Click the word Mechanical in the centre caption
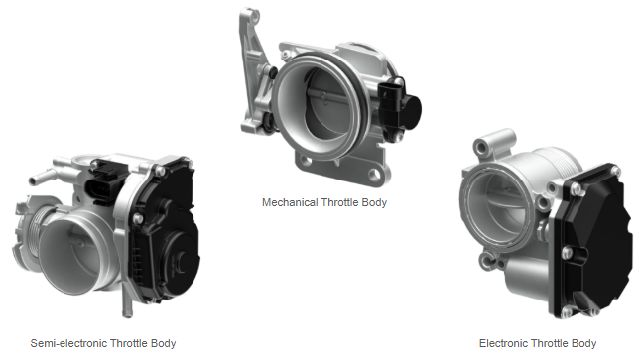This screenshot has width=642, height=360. click(290, 202)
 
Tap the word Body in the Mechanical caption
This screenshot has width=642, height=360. click(374, 203)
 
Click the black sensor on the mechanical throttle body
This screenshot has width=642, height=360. click(399, 107)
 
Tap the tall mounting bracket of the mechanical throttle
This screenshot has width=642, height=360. click(254, 69)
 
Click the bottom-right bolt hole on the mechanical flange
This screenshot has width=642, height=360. click(375, 175)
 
